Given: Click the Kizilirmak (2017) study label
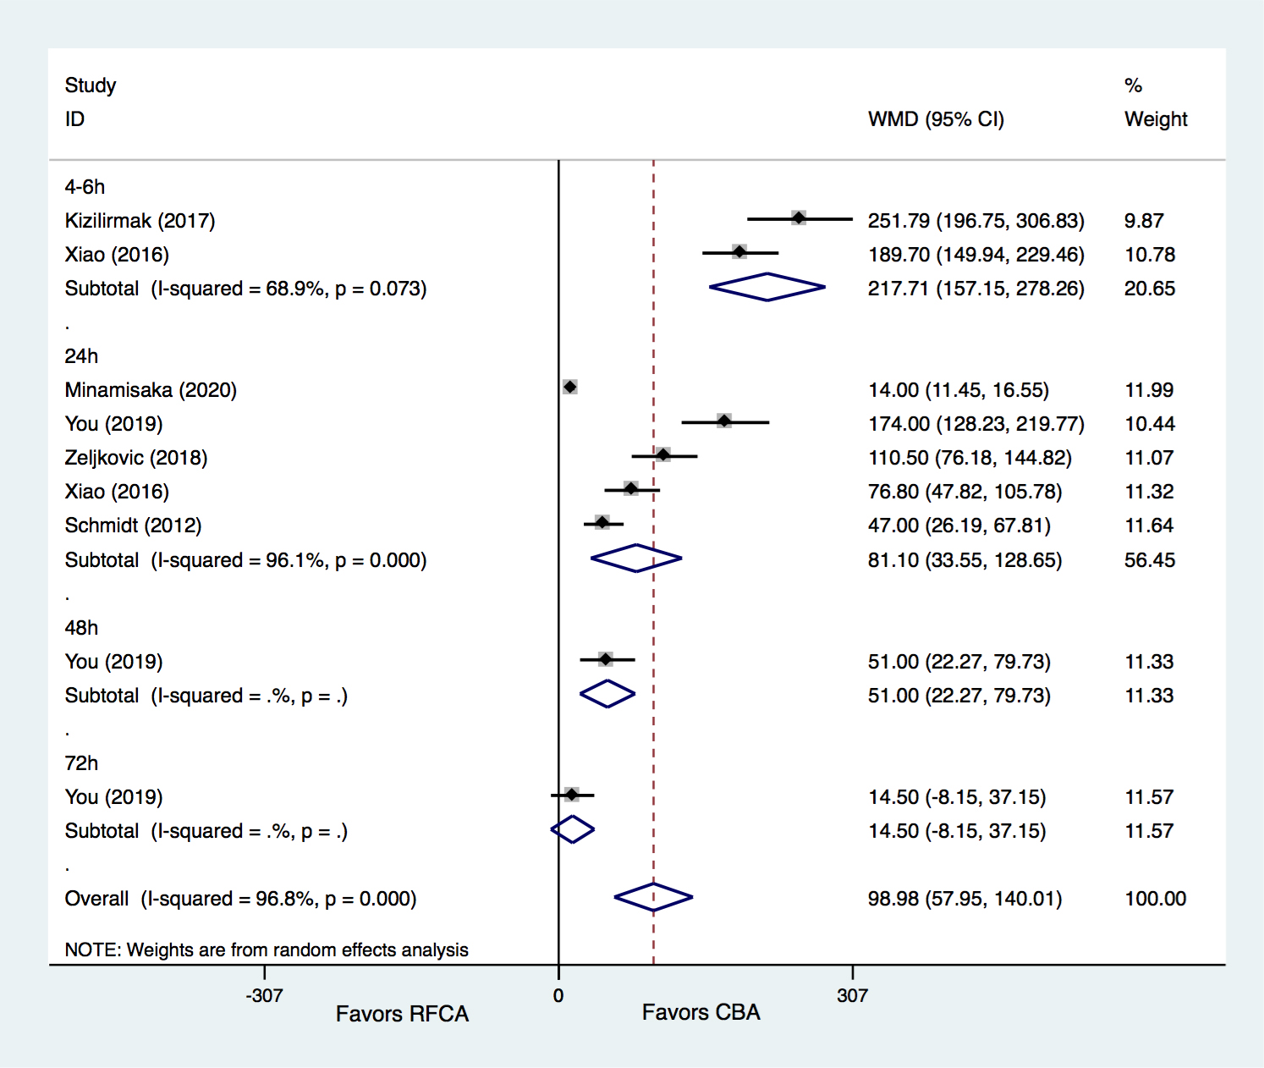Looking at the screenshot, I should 140,221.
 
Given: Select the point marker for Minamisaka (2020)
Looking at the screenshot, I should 570,387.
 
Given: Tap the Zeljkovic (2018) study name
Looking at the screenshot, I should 135,458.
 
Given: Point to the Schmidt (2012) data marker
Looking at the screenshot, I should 602,522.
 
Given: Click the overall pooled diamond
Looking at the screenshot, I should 653,897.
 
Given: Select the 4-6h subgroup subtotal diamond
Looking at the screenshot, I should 767,287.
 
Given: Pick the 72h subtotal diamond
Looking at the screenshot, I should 573,829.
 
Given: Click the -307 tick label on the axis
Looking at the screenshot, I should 264,995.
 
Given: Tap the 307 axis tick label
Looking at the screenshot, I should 852,995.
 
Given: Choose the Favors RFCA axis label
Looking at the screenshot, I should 402,1014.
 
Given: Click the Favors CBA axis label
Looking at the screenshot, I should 701,1012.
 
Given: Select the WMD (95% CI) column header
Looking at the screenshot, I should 936,119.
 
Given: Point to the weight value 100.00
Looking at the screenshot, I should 1155,899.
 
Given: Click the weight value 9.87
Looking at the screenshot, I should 1144,221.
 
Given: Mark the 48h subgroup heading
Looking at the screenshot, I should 81,628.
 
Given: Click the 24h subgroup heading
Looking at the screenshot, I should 81,356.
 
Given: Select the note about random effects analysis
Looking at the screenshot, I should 267,950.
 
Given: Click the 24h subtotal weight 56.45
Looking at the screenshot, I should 1149,560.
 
